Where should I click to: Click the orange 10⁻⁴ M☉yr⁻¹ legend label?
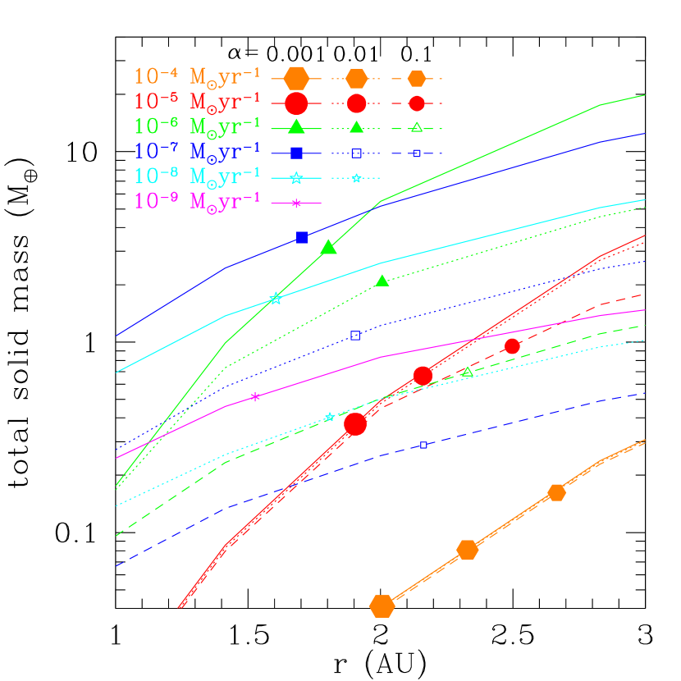[x=197, y=77]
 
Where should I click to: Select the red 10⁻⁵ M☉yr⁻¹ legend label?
[x=197, y=103]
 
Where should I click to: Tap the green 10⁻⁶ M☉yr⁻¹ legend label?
[x=197, y=126]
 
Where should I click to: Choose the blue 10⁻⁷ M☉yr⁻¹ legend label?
[x=197, y=152]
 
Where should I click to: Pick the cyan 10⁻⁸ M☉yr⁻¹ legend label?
[x=197, y=176]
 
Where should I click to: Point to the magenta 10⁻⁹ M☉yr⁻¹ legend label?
[x=197, y=201]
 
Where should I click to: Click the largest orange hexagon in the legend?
[x=295, y=78]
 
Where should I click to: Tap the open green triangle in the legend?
[x=417, y=127]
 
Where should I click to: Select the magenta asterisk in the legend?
[x=296, y=202]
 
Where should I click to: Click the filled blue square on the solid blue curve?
[x=302, y=237]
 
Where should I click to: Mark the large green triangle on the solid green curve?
[x=329, y=247]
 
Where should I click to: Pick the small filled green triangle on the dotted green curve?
[x=382, y=281]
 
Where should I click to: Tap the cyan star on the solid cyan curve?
[x=276, y=299]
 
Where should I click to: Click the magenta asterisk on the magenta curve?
[x=255, y=397]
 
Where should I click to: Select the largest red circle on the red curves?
[x=355, y=423]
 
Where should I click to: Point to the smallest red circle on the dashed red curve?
[x=512, y=346]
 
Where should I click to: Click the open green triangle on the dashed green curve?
[x=468, y=372]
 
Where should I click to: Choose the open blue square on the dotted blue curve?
[x=355, y=336]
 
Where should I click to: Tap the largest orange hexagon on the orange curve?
[x=382, y=606]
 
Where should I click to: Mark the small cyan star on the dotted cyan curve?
[x=329, y=418]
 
